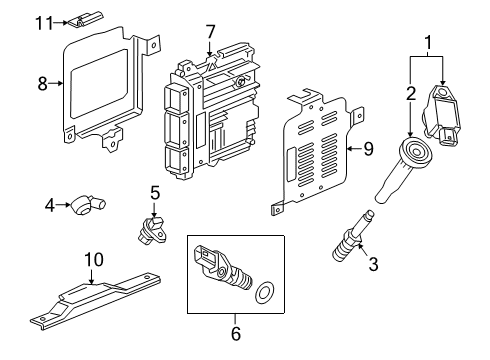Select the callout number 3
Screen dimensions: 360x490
tap(373, 265)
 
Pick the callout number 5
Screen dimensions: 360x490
tap(155, 191)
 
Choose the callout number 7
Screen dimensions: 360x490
tap(210, 33)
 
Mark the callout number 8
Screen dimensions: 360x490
tap(42, 84)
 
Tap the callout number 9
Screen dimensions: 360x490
tap(367, 150)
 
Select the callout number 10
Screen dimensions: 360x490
tap(93, 259)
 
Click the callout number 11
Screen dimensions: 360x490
tap(41, 21)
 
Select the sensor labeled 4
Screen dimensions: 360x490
tap(87, 207)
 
